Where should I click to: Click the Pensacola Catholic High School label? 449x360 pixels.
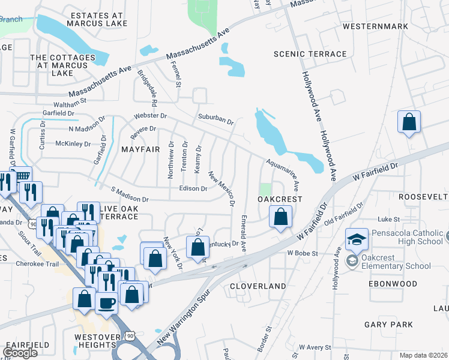tap(406, 236)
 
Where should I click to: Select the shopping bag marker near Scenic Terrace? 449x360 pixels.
tap(409, 122)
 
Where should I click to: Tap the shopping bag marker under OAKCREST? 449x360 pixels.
tap(281, 217)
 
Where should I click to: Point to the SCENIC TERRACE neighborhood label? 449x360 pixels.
tap(310, 54)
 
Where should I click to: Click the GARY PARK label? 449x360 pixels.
tap(388, 325)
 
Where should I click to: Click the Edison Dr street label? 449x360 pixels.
tap(193, 188)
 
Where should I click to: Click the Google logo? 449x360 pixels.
tap(20, 353)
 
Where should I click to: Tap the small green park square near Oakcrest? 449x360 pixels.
tap(266, 189)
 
